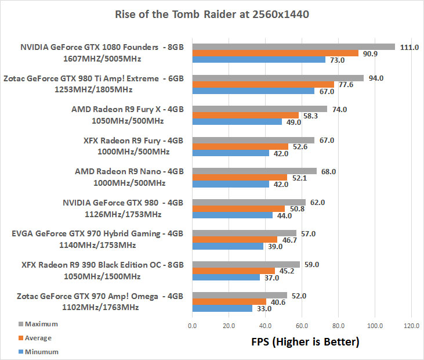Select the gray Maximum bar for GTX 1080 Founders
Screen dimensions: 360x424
293,46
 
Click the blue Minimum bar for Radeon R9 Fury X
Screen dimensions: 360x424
237,122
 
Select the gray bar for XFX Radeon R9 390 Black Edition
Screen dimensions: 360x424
246,265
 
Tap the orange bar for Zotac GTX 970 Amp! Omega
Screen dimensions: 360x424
229,302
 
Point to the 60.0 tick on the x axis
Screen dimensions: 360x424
302,325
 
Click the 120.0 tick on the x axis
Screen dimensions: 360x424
411,325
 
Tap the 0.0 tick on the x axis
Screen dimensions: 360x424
193,325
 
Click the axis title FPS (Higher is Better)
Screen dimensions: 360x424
300,342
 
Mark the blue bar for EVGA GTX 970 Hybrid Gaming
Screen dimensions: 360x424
227,246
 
